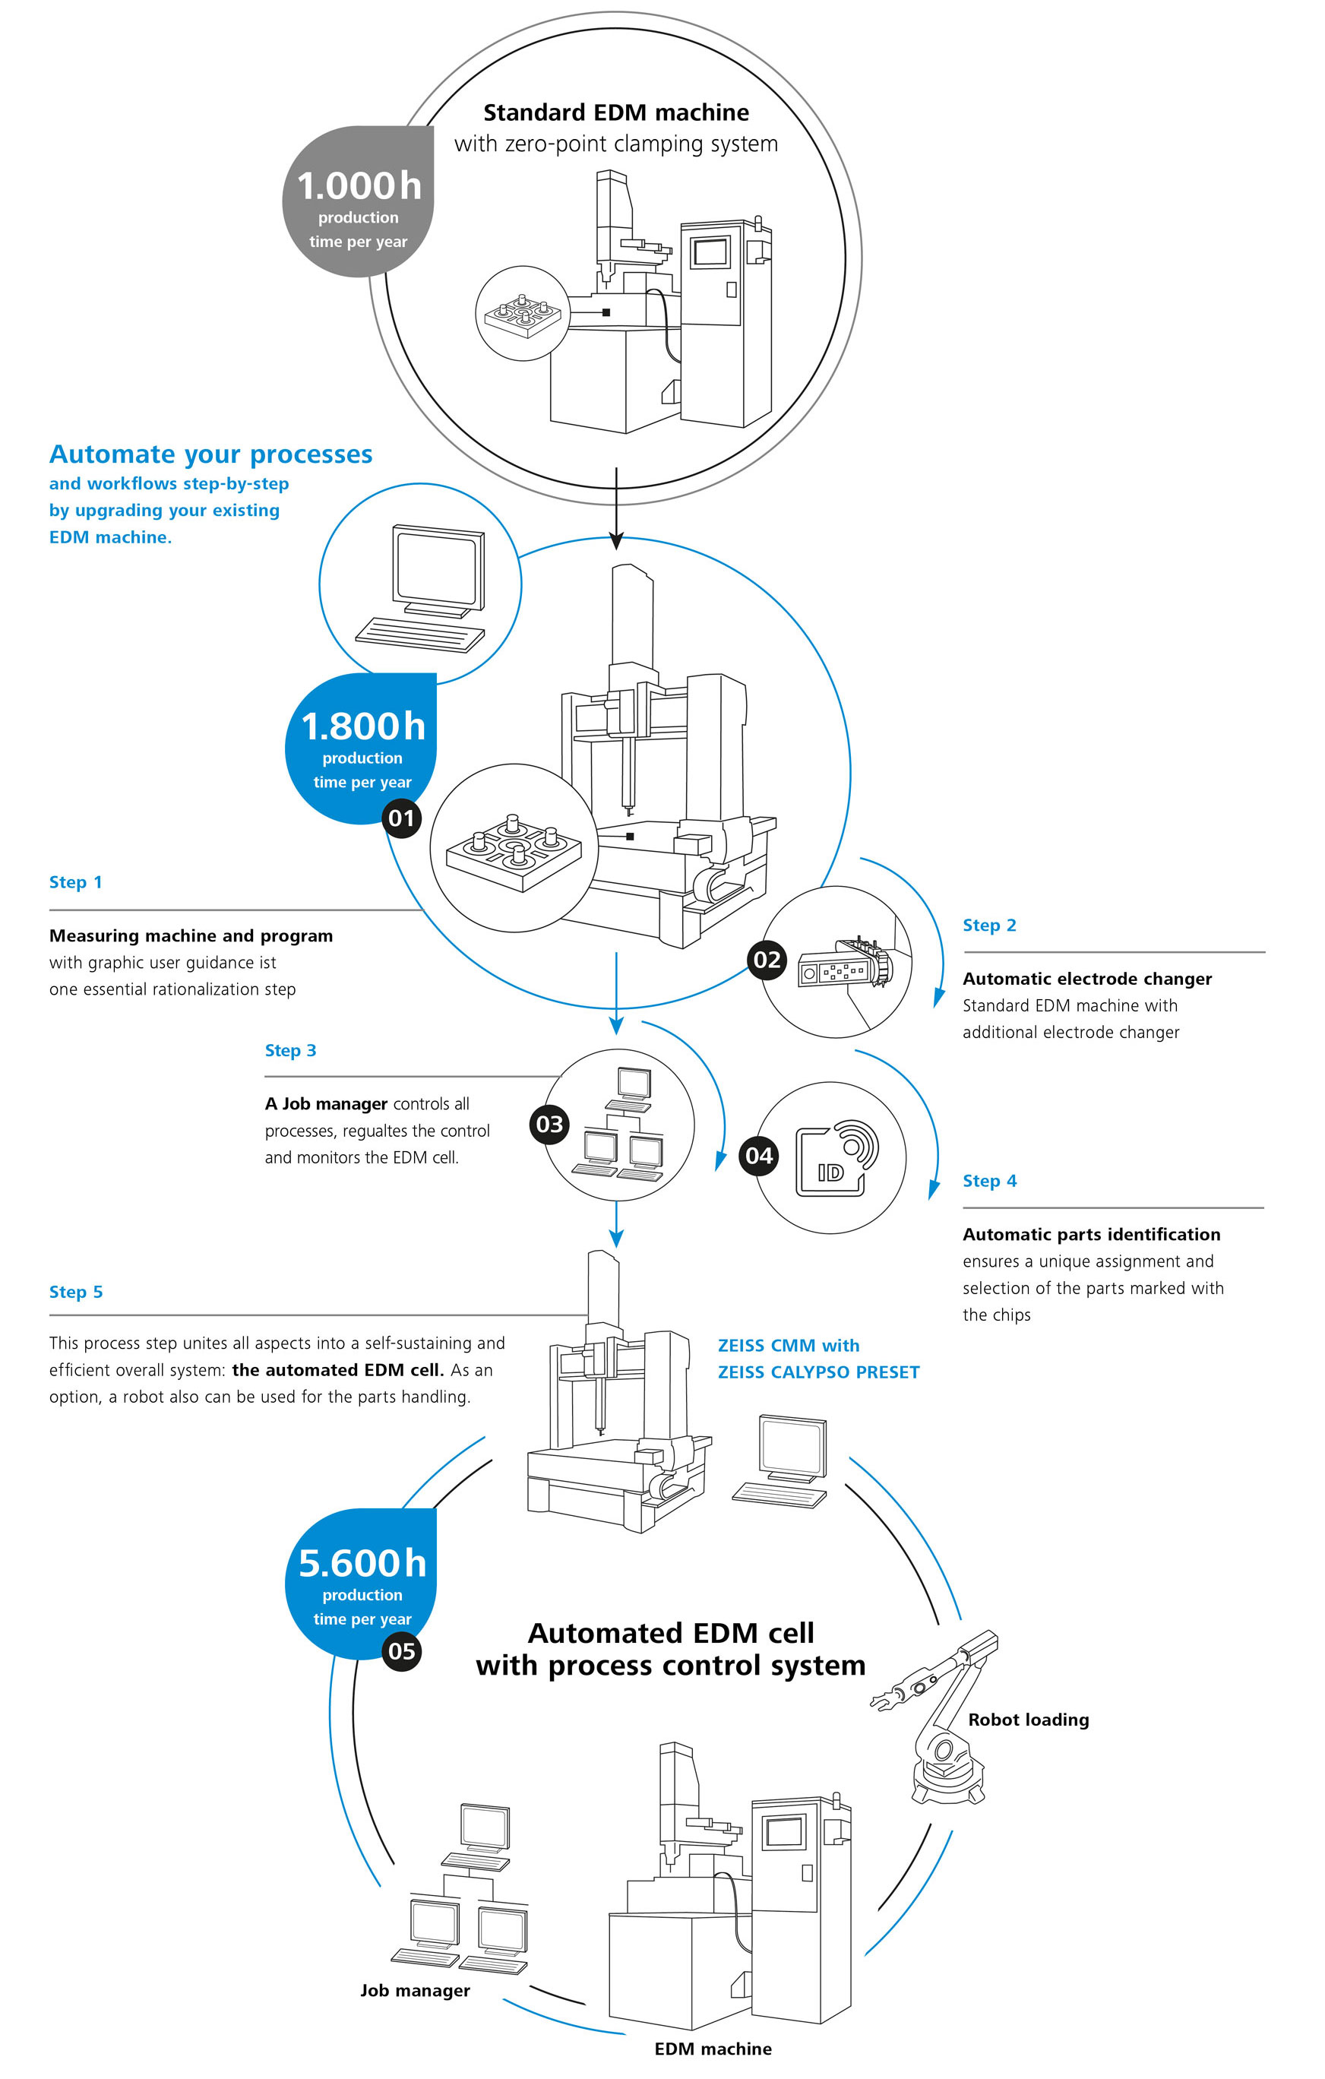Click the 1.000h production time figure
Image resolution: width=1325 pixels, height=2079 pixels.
(359, 186)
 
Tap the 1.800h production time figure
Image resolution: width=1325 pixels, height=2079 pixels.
(362, 727)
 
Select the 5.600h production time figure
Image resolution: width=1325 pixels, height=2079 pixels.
(362, 1564)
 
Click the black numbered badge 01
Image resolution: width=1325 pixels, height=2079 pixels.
(401, 818)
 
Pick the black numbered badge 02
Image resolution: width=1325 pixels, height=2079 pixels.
(767, 960)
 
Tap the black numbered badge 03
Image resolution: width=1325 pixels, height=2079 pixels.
(550, 1124)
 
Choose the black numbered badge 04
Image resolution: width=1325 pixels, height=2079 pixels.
(759, 1156)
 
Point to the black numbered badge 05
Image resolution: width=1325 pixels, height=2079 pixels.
(401, 1652)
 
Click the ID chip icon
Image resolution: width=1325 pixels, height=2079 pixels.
(836, 1159)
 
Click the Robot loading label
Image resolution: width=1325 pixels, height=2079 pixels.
(1028, 1720)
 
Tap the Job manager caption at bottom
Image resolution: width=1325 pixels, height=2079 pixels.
(415, 1990)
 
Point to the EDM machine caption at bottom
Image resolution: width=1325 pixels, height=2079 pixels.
(713, 2049)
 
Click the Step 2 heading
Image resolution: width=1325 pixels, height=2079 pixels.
(989, 926)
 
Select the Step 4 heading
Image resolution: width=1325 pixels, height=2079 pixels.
(989, 1181)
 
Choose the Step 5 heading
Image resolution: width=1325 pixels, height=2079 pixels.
(76, 1293)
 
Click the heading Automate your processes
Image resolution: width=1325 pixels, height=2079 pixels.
(210, 455)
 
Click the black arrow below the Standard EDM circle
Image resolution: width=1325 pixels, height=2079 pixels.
(616, 509)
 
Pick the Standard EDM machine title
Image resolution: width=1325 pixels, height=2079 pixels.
(615, 113)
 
